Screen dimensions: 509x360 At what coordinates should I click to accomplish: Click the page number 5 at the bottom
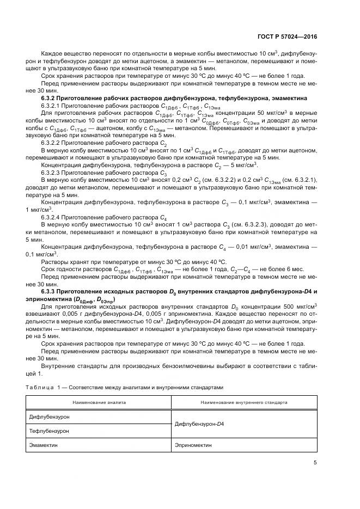(315, 463)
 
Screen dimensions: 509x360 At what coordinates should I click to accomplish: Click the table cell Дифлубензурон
(50, 416)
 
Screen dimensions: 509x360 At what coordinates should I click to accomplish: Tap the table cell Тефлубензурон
(49, 431)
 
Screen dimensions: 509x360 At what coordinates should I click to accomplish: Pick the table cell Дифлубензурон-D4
(200, 424)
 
